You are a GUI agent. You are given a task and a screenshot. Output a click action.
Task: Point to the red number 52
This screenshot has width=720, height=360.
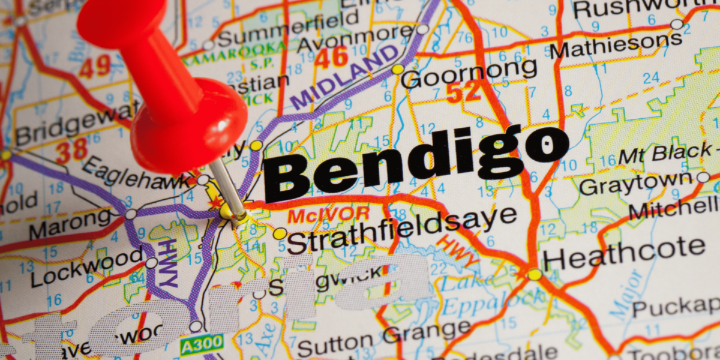pos(463,92)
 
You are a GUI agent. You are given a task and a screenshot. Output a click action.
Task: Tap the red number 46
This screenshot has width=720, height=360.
pos(332,58)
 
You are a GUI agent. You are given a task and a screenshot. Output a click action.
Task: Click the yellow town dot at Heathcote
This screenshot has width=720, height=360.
pos(535,275)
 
